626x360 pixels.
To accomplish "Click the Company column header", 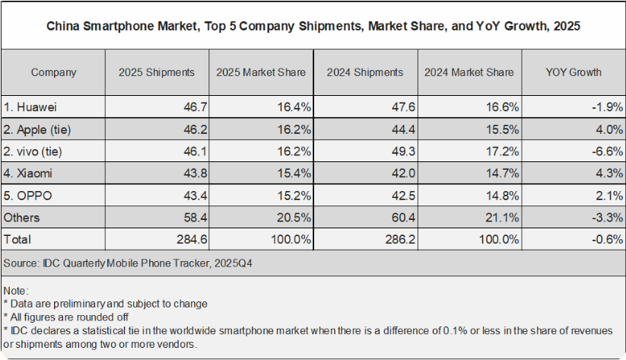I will [x=53, y=72].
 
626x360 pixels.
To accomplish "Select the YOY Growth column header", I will [x=573, y=72].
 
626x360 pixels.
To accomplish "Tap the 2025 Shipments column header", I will [x=156, y=72].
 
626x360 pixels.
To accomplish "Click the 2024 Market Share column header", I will [x=469, y=72].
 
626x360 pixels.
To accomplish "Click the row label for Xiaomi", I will [x=31, y=174].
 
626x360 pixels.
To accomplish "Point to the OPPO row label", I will [x=30, y=196].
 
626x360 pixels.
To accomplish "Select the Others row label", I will [x=22, y=218].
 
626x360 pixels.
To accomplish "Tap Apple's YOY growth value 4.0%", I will [x=608, y=130].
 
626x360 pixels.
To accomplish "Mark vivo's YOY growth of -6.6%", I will [x=605, y=152].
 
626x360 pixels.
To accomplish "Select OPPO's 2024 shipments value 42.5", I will [x=399, y=196].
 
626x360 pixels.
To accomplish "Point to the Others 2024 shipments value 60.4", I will [x=399, y=218].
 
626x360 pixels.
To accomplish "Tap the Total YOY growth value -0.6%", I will [x=605, y=239].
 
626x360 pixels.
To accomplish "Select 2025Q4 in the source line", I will [x=236, y=263].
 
